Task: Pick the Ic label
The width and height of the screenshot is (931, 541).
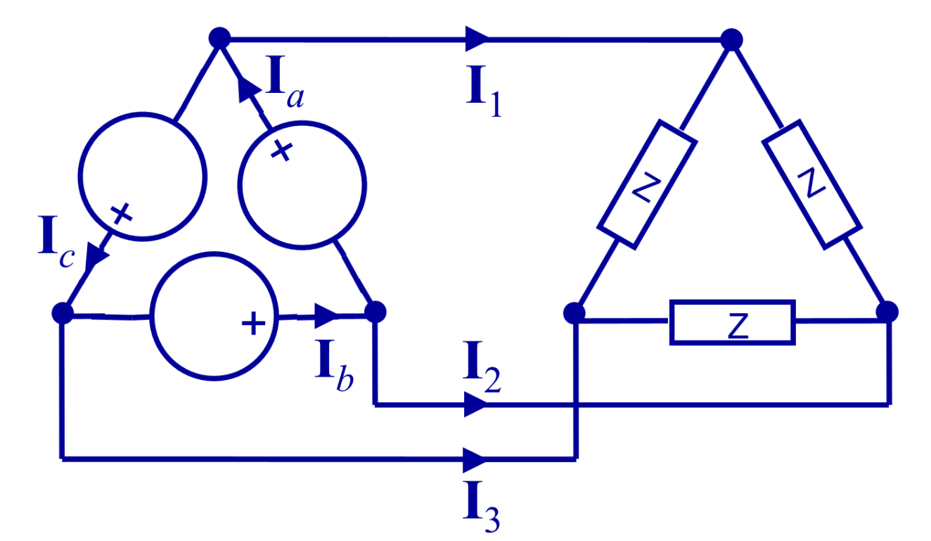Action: (x=55, y=243)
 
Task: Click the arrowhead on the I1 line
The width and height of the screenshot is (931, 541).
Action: (x=476, y=38)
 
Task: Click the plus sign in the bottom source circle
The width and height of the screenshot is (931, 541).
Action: (x=253, y=324)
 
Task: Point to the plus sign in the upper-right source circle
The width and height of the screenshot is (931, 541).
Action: (x=281, y=151)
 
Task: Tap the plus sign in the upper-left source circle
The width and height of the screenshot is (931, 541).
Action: (x=121, y=213)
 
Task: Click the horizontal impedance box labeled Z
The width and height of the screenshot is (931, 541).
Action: (x=732, y=323)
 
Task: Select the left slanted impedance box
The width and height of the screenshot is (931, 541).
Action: (x=647, y=184)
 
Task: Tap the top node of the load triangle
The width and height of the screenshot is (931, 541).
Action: (x=731, y=39)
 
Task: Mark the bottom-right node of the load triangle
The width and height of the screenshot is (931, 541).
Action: (x=887, y=311)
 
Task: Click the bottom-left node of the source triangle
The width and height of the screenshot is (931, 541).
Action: (x=63, y=312)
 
